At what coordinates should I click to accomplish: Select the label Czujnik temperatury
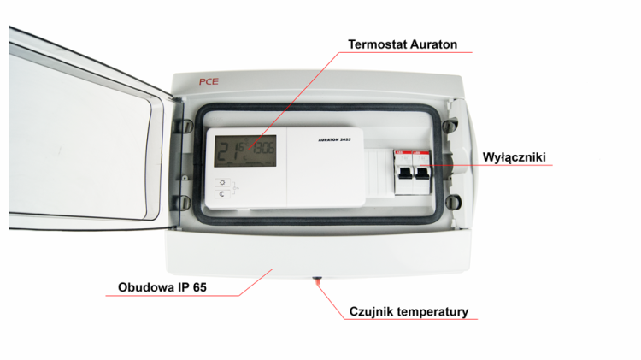[x=409, y=311]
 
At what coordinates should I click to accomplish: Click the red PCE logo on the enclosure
[x=210, y=82]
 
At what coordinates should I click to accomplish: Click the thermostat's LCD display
[x=245, y=154]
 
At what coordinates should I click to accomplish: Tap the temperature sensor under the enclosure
[x=318, y=279]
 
